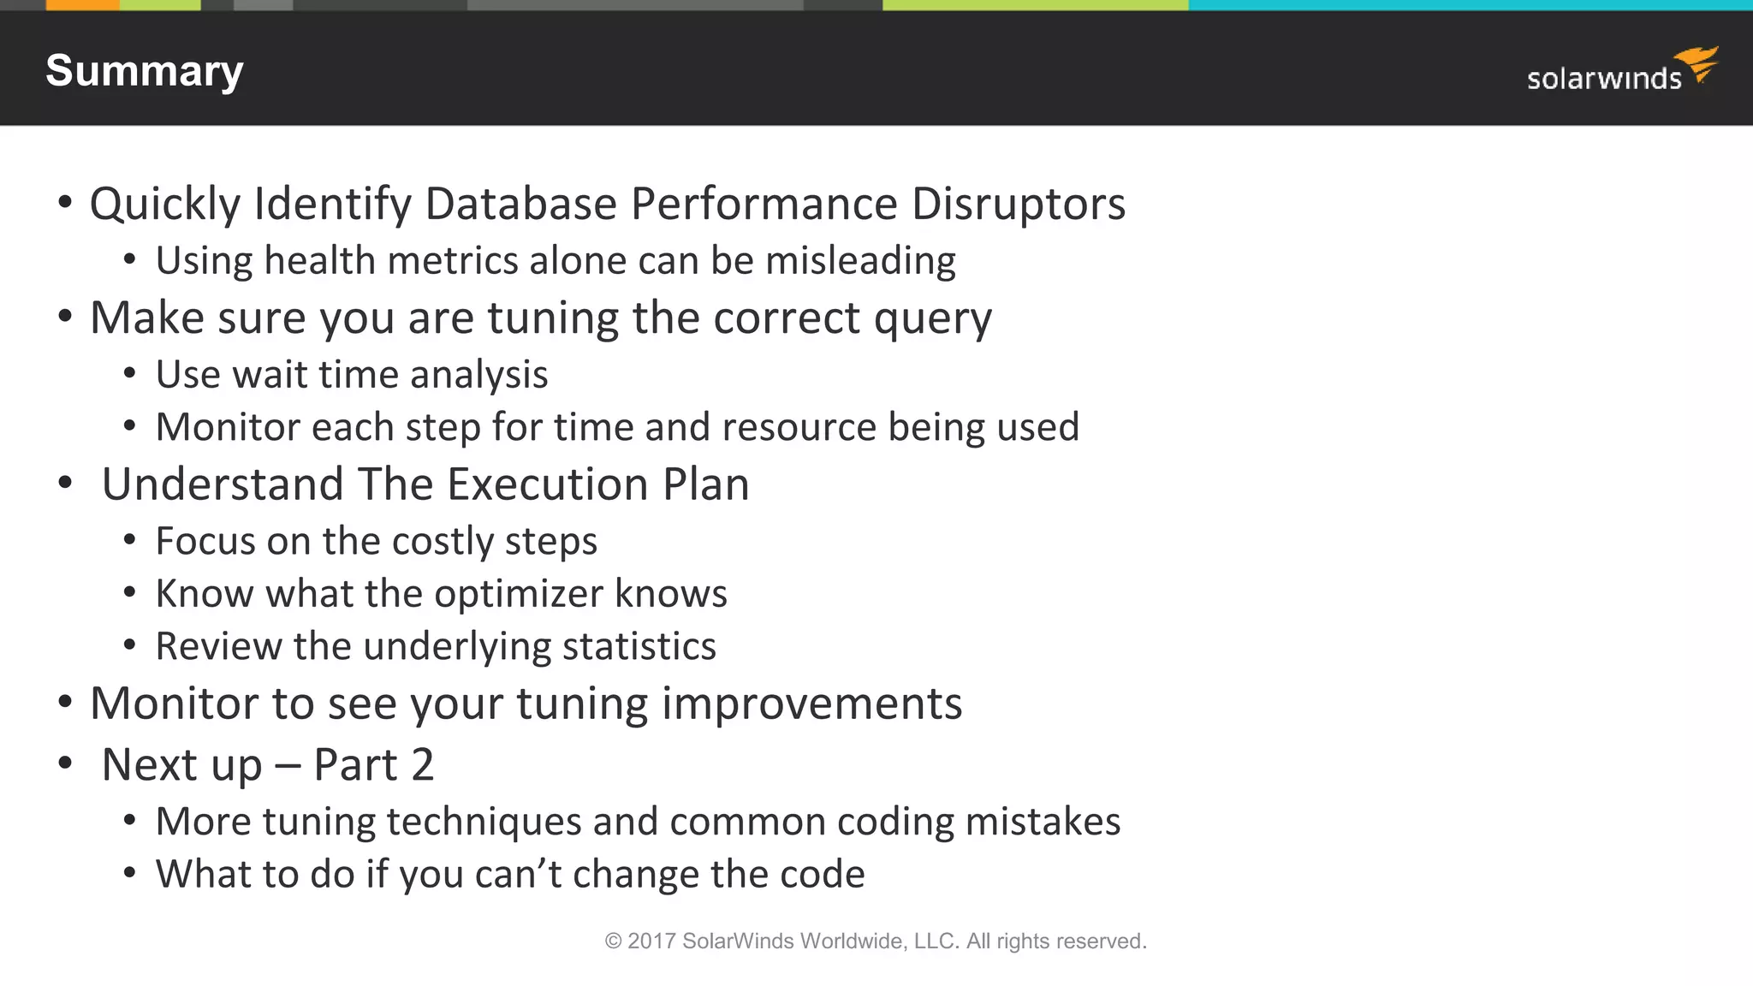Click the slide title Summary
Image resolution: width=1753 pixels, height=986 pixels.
(144, 71)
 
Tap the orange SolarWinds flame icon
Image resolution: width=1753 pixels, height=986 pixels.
(1698, 64)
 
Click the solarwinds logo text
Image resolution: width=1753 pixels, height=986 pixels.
(1603, 79)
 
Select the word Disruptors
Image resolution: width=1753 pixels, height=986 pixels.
(1018, 204)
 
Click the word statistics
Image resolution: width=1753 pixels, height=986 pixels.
(639, 646)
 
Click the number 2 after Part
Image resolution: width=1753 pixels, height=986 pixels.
(422, 764)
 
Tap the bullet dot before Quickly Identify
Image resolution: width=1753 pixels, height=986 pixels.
(65, 204)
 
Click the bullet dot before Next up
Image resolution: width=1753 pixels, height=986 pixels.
(65, 763)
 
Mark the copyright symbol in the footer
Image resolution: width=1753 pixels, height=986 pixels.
(613, 941)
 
